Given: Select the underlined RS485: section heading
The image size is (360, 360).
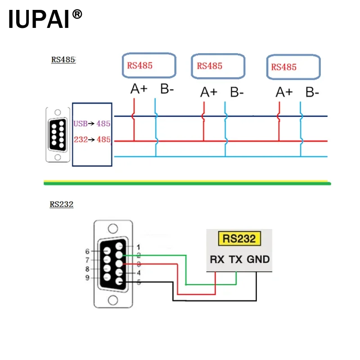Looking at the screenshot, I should [x=63, y=59].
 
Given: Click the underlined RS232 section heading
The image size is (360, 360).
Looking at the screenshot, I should [x=62, y=204].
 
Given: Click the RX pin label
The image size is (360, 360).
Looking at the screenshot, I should [x=217, y=259].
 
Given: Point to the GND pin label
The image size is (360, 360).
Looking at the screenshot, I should [x=258, y=259].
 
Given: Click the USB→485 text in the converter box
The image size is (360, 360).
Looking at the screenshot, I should [x=92, y=123].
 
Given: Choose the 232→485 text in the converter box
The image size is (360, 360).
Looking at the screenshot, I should [x=92, y=139].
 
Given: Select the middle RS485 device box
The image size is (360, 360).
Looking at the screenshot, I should [x=218, y=67].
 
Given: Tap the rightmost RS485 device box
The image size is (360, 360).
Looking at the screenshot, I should [x=293, y=67].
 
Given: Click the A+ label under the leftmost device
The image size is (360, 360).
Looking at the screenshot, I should [x=139, y=89].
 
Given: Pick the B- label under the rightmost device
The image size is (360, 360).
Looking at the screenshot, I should [x=312, y=92].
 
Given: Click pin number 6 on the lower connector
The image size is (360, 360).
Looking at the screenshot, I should [x=87, y=251].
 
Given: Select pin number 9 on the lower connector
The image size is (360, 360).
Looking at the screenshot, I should [x=87, y=278].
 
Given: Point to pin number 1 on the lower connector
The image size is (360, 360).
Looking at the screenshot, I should [x=138, y=247].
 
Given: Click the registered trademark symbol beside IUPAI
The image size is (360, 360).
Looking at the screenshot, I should [x=77, y=14].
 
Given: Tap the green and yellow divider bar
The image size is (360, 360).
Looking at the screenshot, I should [x=187, y=183].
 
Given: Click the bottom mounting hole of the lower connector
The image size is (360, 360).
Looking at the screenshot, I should [x=112, y=300].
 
